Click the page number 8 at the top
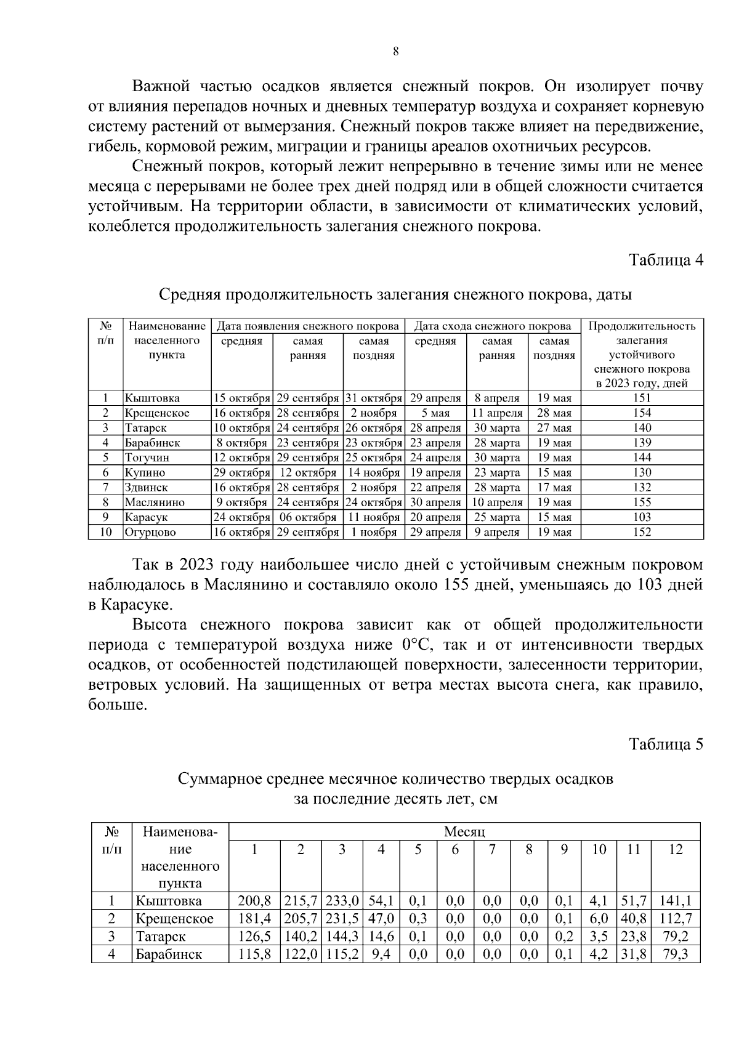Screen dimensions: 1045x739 395,52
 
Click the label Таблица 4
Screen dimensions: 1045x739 666,260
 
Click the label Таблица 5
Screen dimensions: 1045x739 666,744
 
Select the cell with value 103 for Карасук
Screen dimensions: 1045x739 642,517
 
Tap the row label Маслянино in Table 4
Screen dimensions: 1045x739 155,502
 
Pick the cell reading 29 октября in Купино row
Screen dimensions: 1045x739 241,473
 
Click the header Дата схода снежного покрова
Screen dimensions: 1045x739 492,326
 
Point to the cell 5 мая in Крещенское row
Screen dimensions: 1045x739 435,413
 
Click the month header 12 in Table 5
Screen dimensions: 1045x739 676,850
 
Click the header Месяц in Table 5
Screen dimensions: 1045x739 464,832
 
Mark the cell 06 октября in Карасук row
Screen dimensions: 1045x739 307,517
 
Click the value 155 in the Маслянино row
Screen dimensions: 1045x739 642,502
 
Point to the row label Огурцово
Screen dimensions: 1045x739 150,533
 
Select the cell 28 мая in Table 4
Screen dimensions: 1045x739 554,413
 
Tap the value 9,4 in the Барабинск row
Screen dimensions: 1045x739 381,954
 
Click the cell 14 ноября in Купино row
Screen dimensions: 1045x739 373,473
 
